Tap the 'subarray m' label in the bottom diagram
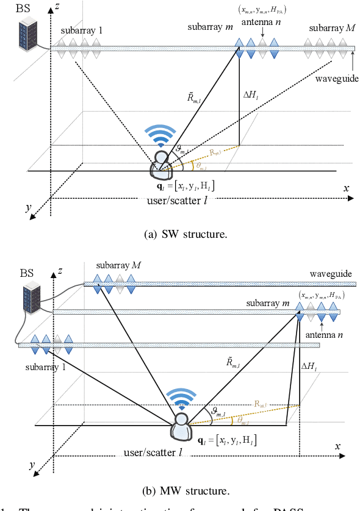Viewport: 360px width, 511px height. [x=268, y=302]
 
